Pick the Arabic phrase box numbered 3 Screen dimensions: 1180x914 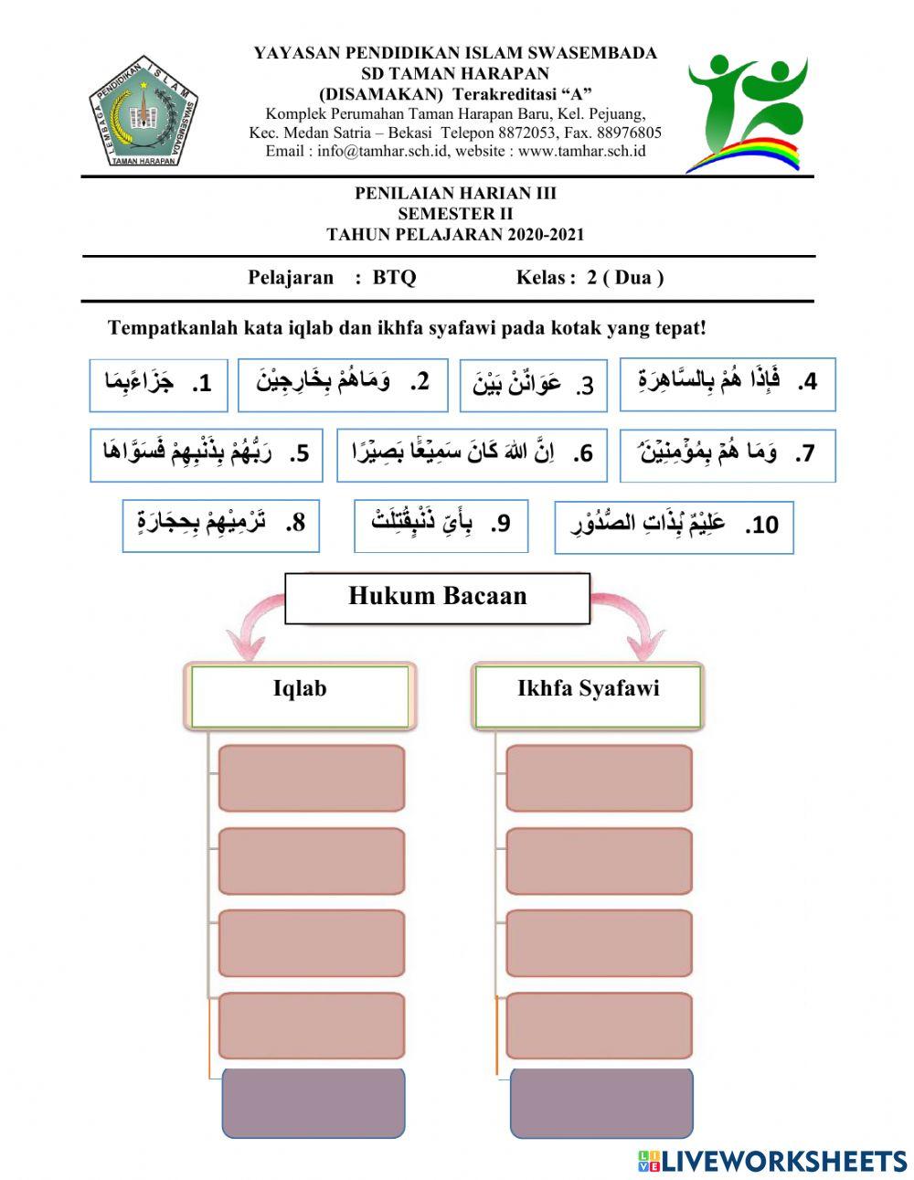tap(533, 385)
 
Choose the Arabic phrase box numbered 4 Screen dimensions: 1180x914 tap(728, 383)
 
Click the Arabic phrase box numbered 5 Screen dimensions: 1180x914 tap(207, 454)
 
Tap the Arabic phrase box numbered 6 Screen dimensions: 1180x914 tap(472, 454)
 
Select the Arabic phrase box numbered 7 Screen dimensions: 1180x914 tap(728, 454)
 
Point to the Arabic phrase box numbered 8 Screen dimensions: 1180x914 tap(221, 526)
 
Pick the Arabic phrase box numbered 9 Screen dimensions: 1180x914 tap(441, 526)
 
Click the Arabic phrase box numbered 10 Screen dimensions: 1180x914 tap(674, 526)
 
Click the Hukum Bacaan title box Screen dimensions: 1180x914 tap(437, 598)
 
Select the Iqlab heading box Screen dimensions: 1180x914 tap(300, 696)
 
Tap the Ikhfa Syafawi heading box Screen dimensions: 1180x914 tap(588, 696)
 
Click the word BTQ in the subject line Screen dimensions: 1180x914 tap(394, 278)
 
